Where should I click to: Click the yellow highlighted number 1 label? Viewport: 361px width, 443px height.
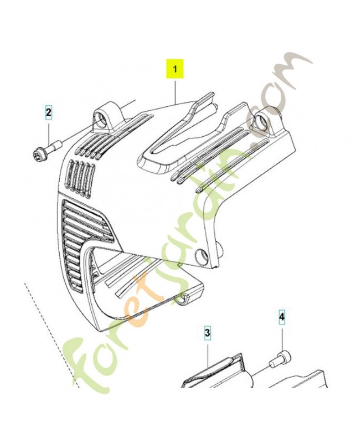(x=175, y=69)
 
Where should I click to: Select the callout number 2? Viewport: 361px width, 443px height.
(x=48, y=113)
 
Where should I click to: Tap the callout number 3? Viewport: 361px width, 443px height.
(x=208, y=333)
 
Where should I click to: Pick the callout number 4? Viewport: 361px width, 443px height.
(x=282, y=317)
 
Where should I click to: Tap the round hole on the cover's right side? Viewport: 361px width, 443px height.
(x=202, y=255)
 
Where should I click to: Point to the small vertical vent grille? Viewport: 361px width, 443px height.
(x=81, y=178)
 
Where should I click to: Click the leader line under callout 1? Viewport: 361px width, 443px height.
(x=175, y=92)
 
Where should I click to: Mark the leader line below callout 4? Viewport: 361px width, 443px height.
(x=282, y=337)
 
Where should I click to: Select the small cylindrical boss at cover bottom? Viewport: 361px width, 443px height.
(x=185, y=298)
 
